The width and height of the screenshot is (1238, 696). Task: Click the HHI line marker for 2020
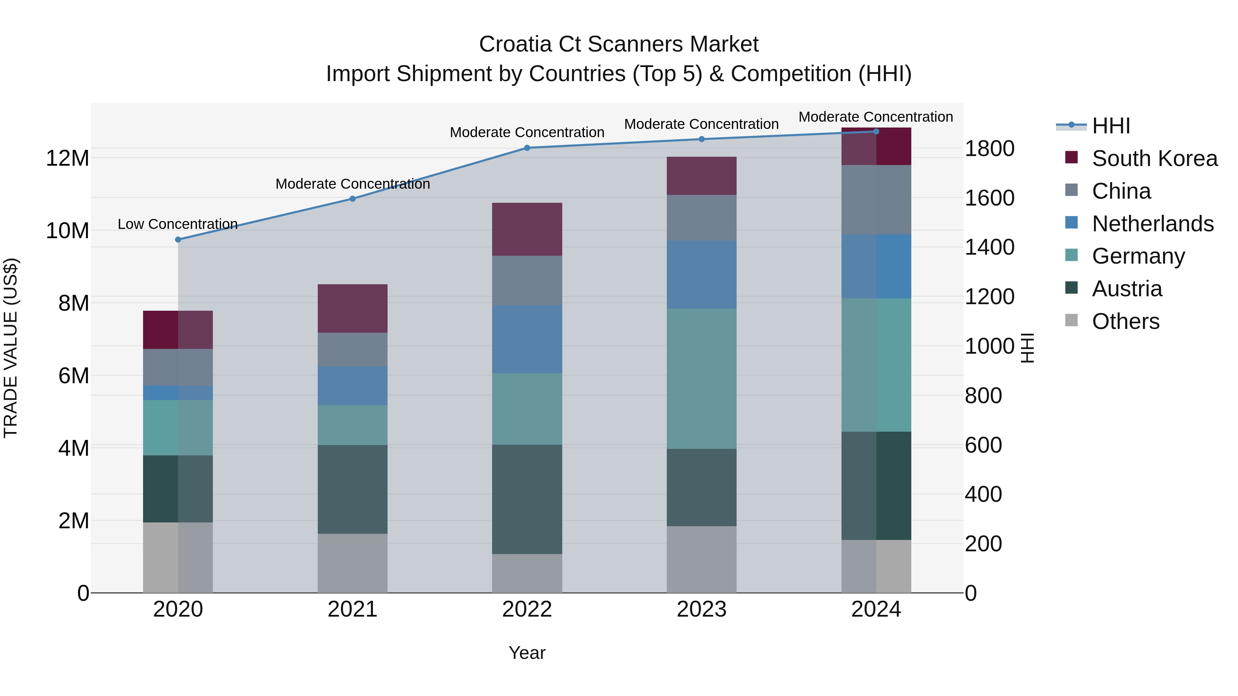(178, 239)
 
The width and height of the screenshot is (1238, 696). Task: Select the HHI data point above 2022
(527, 147)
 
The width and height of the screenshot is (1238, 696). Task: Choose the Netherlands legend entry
(1152, 224)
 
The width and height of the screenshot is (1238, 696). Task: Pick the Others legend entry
(1125, 321)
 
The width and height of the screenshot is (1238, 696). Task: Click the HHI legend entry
(1111, 126)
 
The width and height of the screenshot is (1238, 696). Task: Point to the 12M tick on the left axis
(67, 158)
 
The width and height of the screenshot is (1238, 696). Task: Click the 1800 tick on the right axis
(989, 148)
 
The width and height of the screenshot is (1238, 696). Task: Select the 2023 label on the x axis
(701, 609)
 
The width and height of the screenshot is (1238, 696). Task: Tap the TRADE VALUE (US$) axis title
(11, 348)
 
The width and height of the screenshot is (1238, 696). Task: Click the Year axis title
(527, 653)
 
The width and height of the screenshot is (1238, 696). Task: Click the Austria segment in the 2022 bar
(527, 499)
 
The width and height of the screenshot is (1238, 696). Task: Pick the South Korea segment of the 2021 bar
(352, 308)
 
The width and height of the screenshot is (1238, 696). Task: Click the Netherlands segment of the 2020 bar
(178, 393)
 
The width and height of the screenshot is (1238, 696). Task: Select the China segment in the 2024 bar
(876, 200)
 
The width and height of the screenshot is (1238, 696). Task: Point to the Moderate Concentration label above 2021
(352, 184)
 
